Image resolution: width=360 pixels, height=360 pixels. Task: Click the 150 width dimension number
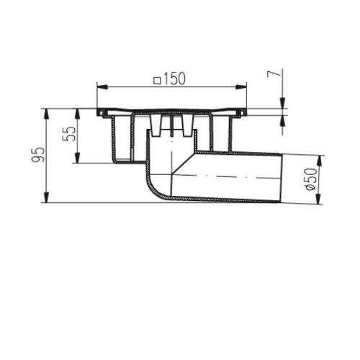click(174, 78)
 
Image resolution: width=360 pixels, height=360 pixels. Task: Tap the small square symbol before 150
click(157, 81)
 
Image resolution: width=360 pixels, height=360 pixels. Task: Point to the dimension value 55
click(70, 134)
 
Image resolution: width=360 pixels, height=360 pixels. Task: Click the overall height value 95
click(38, 155)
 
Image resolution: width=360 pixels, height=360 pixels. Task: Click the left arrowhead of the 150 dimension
click(102, 87)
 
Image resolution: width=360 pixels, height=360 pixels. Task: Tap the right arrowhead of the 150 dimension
click(241, 87)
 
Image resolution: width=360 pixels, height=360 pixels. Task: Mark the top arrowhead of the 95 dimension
click(47, 114)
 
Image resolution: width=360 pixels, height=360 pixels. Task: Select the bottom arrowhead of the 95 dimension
click(47, 197)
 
